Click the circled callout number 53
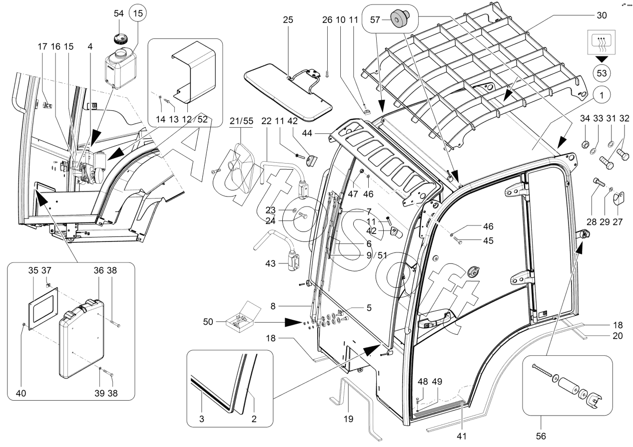tap(602, 73)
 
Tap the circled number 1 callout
tap(602, 95)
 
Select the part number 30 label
tap(602, 15)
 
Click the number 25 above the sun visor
tap(288, 20)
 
